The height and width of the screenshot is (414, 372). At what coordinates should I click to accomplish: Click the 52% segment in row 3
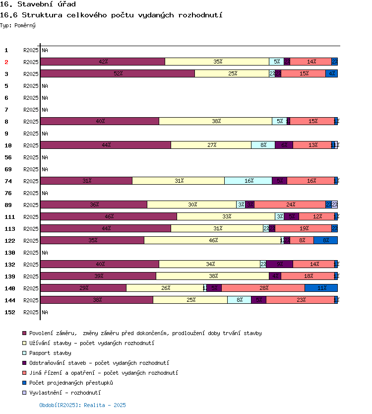(118, 73)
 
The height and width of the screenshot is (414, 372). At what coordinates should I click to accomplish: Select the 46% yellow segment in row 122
(212, 240)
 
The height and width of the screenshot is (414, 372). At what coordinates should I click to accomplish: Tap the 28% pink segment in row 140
(263, 288)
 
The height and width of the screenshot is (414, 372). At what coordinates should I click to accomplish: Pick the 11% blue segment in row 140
(321, 288)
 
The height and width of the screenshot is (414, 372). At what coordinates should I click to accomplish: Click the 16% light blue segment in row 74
(248, 181)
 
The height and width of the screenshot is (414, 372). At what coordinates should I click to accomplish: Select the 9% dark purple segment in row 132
(279, 264)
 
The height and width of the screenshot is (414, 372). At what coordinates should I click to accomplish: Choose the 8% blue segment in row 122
(325, 240)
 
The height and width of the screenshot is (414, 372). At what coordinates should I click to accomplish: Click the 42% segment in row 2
(103, 62)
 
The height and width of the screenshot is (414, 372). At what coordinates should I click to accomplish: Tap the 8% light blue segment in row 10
(263, 145)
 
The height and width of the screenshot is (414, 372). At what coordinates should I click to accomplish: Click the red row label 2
(7, 62)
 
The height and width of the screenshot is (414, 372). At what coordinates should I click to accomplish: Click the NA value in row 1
(45, 50)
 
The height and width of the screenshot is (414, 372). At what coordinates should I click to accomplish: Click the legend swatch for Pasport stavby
(24, 353)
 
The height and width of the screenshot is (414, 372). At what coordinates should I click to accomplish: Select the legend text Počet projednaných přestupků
(71, 383)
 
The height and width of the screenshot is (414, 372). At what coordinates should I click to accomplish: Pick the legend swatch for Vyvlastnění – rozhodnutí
(24, 393)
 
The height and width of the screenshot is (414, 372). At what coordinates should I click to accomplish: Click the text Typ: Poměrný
(18, 25)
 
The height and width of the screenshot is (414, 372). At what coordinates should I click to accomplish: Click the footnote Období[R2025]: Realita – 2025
(82, 405)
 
